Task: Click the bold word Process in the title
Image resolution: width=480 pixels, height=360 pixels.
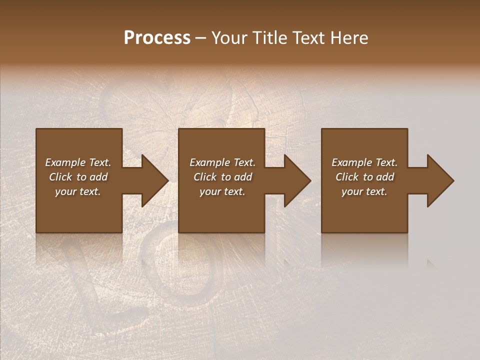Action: coord(157,38)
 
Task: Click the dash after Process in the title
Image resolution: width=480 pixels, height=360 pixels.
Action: coord(201,38)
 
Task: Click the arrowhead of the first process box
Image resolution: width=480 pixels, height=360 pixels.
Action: coord(152,180)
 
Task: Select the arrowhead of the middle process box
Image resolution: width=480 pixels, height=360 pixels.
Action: coord(295,180)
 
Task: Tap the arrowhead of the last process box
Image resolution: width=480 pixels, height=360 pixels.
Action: coord(438,180)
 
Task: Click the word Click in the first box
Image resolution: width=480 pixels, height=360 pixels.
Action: coord(60,177)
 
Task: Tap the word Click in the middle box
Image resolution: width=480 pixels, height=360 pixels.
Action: coord(205,177)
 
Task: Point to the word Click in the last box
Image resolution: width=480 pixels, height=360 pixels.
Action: coord(347,177)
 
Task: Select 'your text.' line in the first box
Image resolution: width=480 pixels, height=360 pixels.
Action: coord(78,191)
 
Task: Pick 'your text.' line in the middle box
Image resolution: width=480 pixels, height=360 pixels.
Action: coord(222,191)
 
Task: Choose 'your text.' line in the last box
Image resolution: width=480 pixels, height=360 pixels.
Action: coord(364,191)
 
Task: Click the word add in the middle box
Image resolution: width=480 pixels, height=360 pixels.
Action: coord(243,177)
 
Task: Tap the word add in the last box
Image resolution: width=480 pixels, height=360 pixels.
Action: coord(385,177)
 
